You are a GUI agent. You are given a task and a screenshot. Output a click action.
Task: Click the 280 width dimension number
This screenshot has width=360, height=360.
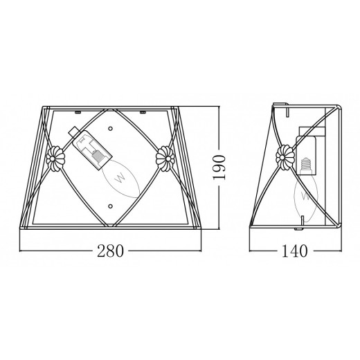(x=110, y=251)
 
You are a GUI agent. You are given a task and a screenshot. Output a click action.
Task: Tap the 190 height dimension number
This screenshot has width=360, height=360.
(x=218, y=168)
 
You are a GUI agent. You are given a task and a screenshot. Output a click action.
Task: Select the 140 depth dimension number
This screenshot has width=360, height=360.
(x=295, y=251)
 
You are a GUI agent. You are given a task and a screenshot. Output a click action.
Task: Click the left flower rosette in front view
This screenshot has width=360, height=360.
(x=55, y=159)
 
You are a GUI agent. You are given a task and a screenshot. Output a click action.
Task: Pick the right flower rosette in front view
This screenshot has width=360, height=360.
(x=165, y=159)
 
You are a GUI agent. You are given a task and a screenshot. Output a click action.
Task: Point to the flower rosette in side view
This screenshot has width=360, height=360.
(x=285, y=157)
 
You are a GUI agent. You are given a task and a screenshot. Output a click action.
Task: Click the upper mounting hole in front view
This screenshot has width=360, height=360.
(x=110, y=128)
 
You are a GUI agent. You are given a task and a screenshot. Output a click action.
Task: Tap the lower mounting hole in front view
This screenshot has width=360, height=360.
(x=110, y=206)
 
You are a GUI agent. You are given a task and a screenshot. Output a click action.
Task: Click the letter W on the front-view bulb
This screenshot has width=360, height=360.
(x=120, y=178)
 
